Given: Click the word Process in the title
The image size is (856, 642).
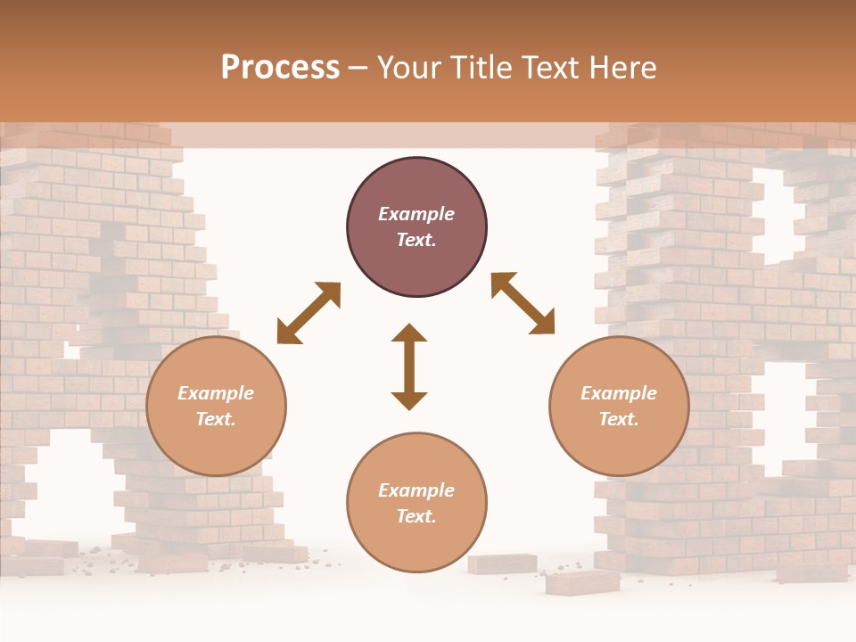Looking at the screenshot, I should (x=280, y=68).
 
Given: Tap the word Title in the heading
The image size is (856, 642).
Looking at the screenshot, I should (x=479, y=68).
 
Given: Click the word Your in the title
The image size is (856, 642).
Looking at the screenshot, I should (x=407, y=68).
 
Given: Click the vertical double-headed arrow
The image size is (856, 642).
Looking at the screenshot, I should (x=409, y=366).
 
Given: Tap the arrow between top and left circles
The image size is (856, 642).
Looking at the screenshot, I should (x=309, y=313).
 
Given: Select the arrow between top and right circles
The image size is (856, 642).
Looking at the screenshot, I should (x=523, y=303).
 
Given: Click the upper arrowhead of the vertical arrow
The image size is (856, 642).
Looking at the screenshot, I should (x=409, y=333).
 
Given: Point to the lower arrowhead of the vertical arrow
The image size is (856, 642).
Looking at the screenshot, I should (x=409, y=400).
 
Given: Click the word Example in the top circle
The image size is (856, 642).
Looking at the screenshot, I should (x=416, y=214).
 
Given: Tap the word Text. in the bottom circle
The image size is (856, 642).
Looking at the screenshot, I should (x=416, y=516).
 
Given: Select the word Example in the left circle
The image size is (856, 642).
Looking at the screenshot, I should (x=216, y=393).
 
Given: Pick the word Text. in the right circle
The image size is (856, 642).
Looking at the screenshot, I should (x=619, y=419).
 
